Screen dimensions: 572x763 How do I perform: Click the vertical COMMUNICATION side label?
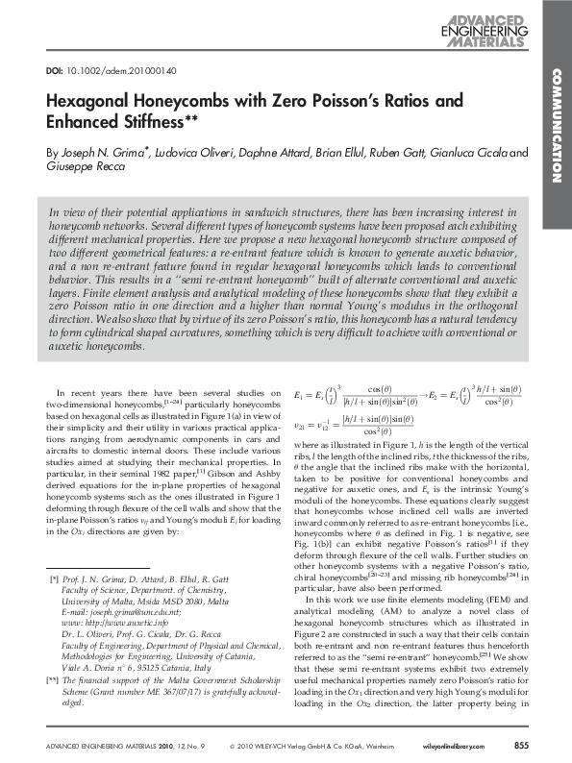[556, 126]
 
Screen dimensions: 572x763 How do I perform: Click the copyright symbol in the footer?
[235, 746]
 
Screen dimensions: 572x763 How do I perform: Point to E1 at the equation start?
[299, 394]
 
